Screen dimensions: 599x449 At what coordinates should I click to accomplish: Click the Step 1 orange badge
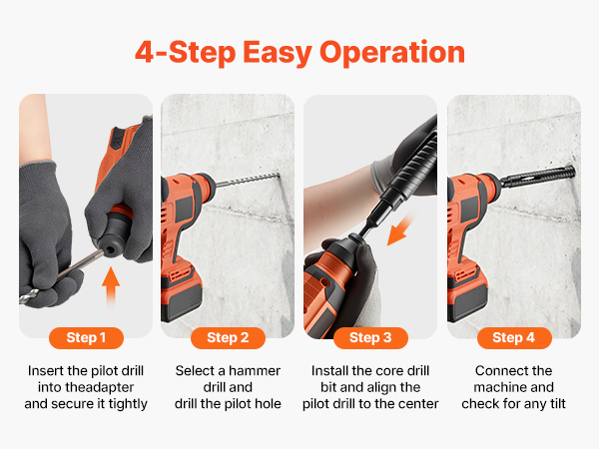[86, 338]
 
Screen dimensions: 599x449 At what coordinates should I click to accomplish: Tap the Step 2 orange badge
[228, 338]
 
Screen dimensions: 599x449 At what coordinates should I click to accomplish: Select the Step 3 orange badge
[370, 338]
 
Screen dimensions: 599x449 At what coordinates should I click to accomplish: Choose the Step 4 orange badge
[514, 338]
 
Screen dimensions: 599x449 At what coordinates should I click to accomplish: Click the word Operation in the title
[392, 53]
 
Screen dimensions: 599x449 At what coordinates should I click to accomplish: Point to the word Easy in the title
[278, 53]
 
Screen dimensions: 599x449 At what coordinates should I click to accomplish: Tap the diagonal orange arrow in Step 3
[400, 229]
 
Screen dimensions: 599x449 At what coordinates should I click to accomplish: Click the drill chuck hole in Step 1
[110, 250]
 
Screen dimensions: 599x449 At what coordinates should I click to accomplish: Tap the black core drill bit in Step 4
[536, 176]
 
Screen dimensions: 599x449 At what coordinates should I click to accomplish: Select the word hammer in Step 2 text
[255, 371]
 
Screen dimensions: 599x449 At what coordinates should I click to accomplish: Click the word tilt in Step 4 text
[558, 403]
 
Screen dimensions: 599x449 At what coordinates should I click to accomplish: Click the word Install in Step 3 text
[329, 371]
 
